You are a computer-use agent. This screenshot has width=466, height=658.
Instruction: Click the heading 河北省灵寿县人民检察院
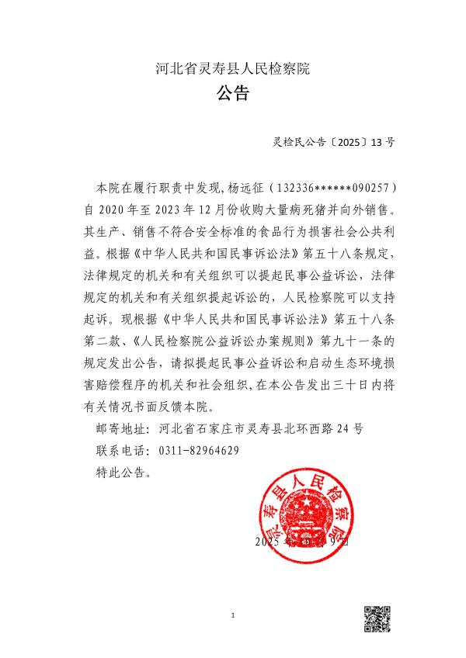[x=232, y=68]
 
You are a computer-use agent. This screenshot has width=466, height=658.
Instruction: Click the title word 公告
[x=232, y=95]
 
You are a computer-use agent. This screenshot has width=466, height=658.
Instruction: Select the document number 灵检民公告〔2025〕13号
[x=334, y=142]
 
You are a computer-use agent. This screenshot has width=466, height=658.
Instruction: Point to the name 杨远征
[x=243, y=188]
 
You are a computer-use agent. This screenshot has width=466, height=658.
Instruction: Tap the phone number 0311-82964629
[x=198, y=451]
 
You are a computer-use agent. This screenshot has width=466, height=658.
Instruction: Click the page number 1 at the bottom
[x=233, y=615]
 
